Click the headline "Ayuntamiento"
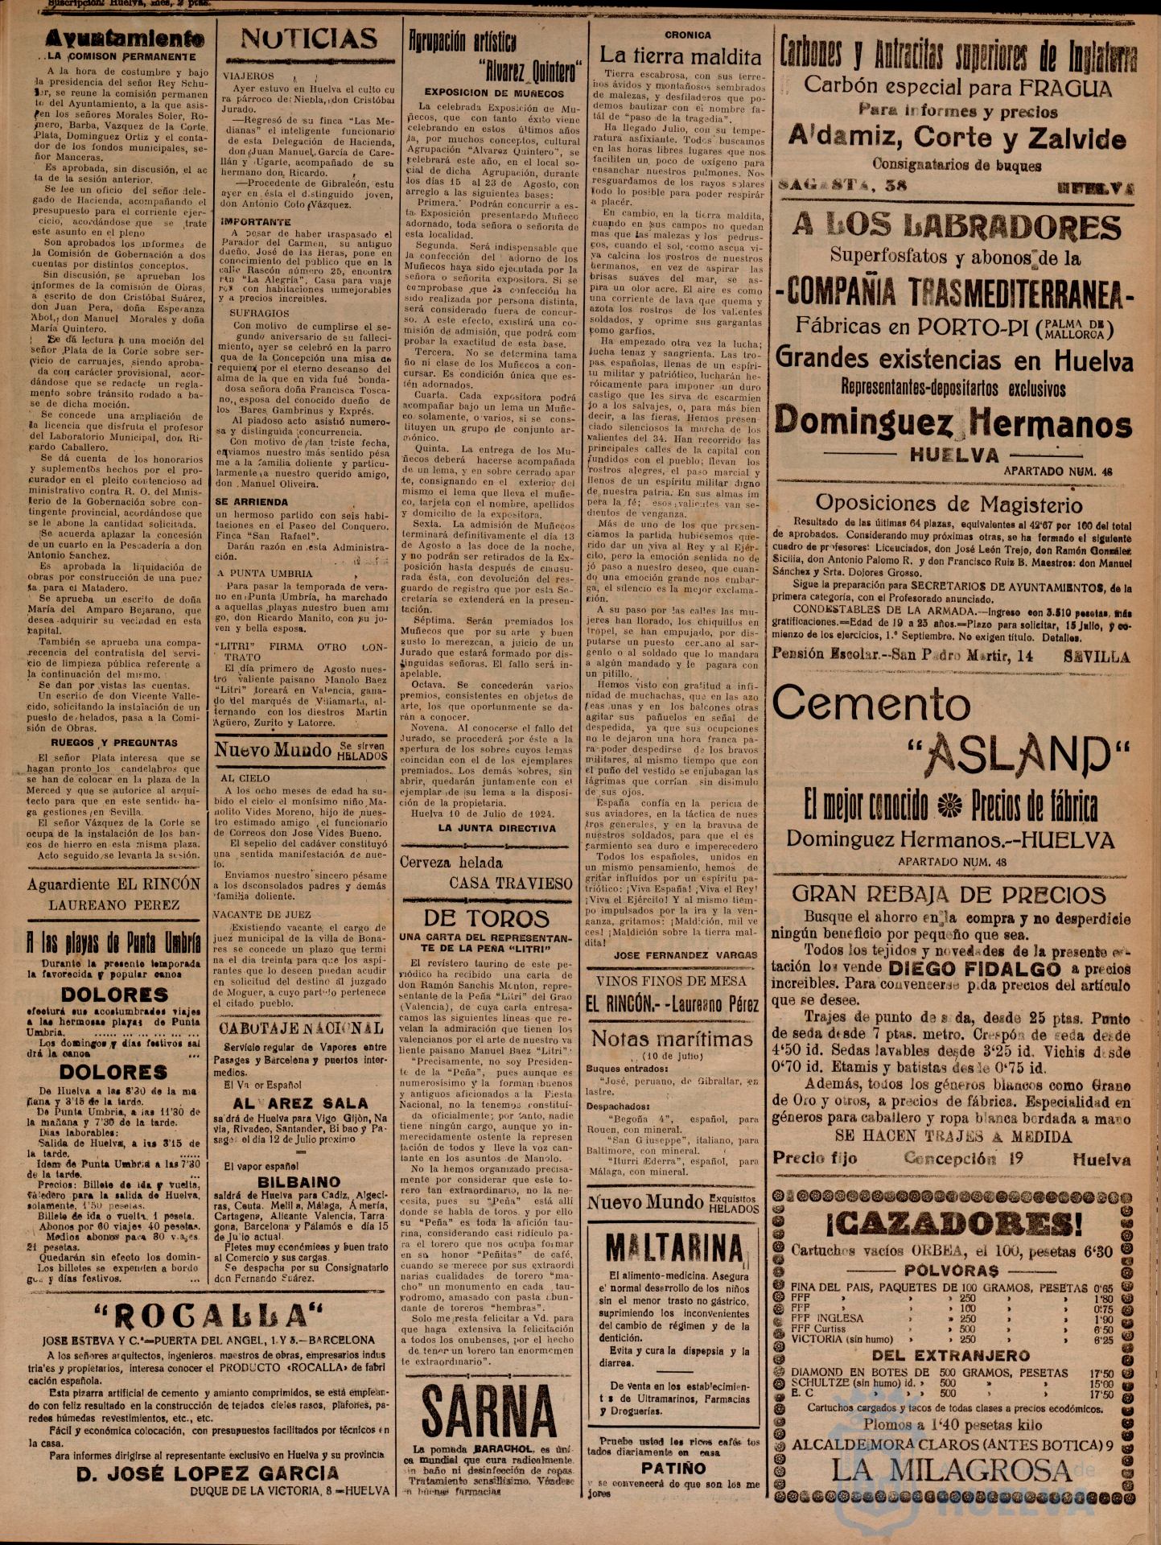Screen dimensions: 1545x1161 point(113,39)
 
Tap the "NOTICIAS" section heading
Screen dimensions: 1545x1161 point(309,39)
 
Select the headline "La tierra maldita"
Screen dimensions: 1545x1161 point(680,56)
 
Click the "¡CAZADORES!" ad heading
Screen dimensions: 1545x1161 point(953,1224)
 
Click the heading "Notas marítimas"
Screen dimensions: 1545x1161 point(672,1038)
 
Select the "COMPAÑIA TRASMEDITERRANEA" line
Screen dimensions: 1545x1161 point(953,291)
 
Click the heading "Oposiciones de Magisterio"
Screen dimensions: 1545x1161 point(949,504)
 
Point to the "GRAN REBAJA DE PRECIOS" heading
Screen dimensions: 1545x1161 point(949,894)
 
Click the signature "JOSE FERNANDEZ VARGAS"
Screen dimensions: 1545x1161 point(686,954)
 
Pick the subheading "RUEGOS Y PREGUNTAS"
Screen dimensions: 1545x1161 point(113,743)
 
